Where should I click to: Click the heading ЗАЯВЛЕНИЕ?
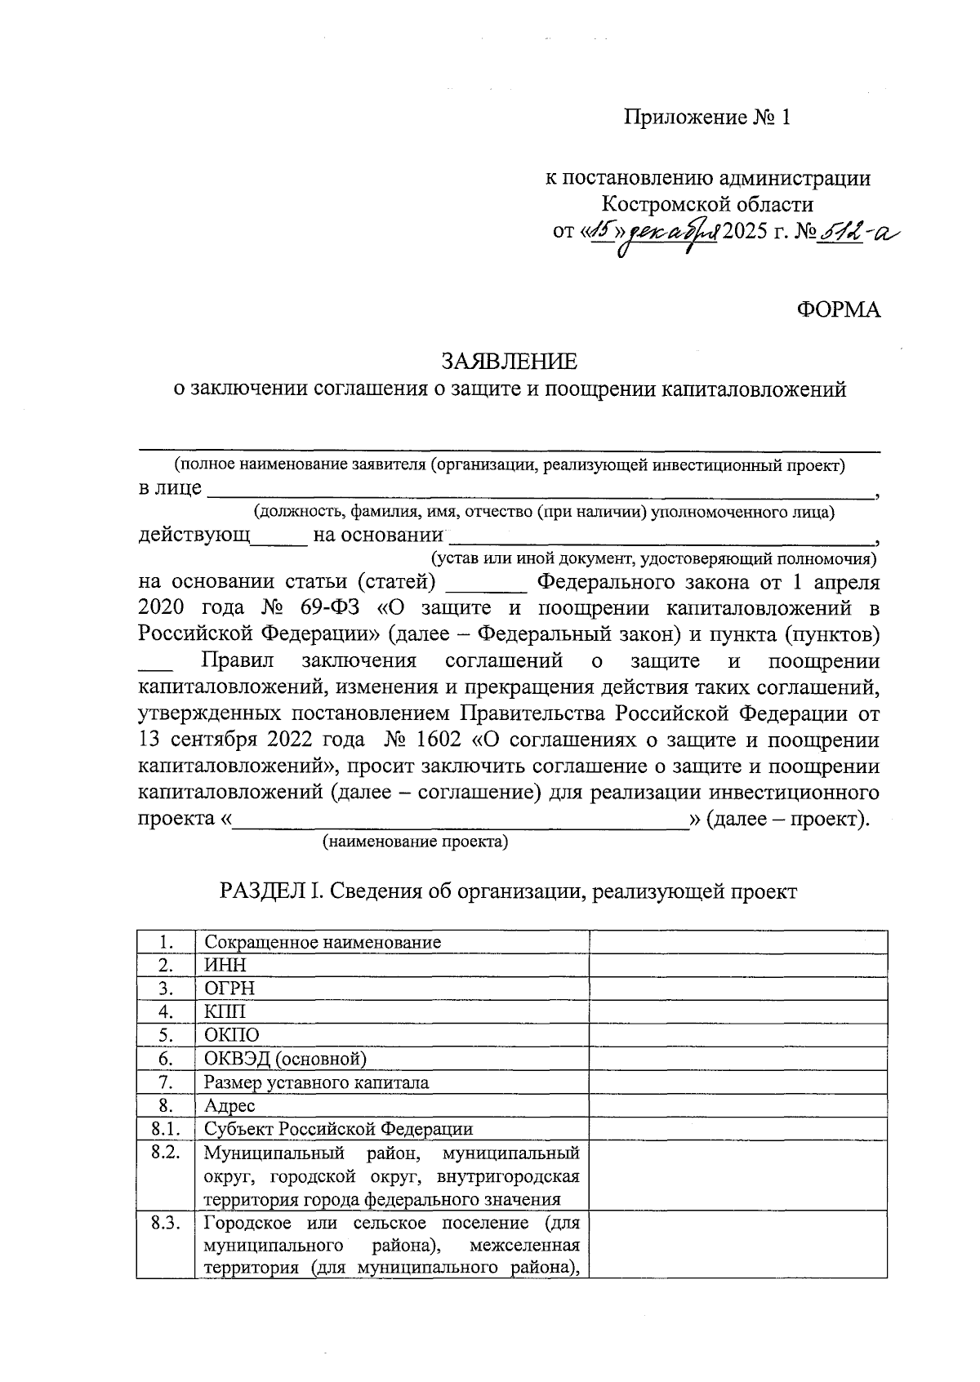coord(509,361)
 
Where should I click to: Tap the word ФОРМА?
coord(839,310)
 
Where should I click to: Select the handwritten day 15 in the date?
coord(603,233)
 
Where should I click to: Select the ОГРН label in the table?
coord(229,989)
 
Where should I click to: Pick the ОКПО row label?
coord(231,1036)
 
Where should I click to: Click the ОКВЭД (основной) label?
coord(285,1060)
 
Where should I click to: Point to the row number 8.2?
coord(165,1153)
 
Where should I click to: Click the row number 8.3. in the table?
coord(165,1224)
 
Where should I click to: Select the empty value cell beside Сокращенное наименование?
coord(738,942)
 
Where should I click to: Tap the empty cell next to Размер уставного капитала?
coord(738,1083)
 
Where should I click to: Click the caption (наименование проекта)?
coord(415,842)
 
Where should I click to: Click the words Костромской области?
coord(707,204)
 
